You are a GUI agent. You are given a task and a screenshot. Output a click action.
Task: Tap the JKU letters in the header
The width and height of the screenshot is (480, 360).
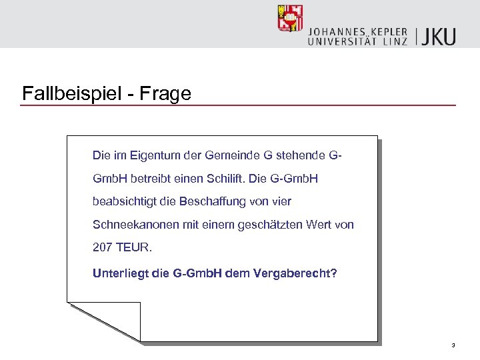(x=441, y=36)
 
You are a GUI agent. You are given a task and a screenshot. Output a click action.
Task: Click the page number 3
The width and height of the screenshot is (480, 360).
(x=453, y=345)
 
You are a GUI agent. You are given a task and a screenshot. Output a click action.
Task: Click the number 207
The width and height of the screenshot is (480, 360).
(x=103, y=247)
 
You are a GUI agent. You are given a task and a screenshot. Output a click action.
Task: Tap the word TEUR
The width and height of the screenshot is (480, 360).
(x=135, y=247)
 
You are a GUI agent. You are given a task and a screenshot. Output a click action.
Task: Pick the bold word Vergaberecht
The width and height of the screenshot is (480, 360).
(x=295, y=273)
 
